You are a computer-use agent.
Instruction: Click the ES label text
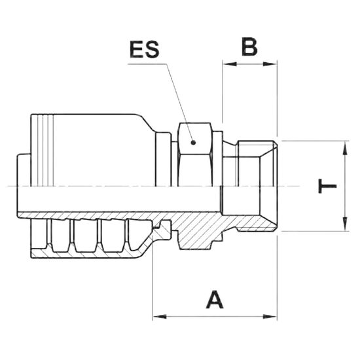pyautogui.click(x=145, y=49)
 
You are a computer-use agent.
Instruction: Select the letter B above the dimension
pyautogui.click(x=249, y=46)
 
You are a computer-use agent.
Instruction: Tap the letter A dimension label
pyautogui.click(x=215, y=300)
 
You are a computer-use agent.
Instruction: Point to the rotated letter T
pyautogui.click(x=327, y=186)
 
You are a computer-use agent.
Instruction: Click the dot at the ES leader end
pyautogui.click(x=194, y=143)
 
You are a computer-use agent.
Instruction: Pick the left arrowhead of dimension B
pyautogui.click(x=229, y=64)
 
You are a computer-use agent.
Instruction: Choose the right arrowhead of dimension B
pyautogui.click(x=270, y=64)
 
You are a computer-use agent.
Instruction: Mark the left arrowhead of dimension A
pyautogui.click(x=160, y=317)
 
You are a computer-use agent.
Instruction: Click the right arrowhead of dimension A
pyautogui.click(x=270, y=317)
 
